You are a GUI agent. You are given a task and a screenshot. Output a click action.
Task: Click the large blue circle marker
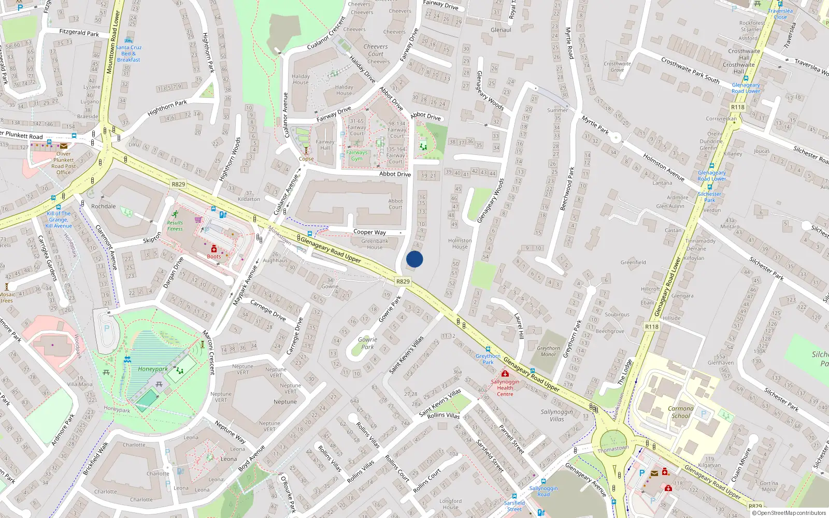pos(414,259)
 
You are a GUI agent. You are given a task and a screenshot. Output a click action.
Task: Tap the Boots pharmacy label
pos(214,256)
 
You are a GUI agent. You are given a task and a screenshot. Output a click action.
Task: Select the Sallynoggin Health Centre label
pos(505,387)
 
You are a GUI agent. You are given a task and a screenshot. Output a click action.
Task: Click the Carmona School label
pos(681,412)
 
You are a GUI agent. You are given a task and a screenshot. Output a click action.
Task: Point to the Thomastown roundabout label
pos(613,449)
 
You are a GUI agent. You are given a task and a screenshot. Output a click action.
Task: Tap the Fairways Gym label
pos(357,155)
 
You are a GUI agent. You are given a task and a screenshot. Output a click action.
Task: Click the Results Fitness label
pos(175,225)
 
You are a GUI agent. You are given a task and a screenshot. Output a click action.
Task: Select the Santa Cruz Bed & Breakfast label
pos(128,53)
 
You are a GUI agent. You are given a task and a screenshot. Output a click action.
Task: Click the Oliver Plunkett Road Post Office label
pos(64,163)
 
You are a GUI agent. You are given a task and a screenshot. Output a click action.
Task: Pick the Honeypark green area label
pos(153,369)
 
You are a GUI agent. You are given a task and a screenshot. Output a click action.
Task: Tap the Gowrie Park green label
pos(367,343)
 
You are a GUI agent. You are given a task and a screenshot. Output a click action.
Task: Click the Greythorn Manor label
pos(548,351)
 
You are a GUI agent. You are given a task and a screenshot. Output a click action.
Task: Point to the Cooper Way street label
pos(369,232)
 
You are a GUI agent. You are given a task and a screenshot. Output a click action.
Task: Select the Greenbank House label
pos(375,244)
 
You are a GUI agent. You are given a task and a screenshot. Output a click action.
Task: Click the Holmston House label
pos(460,243)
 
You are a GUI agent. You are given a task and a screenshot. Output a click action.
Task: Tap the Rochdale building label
pos(104,206)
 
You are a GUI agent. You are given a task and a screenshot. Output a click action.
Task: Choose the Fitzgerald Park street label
pos(79,33)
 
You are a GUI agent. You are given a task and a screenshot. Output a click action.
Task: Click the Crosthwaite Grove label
pos(617,67)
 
